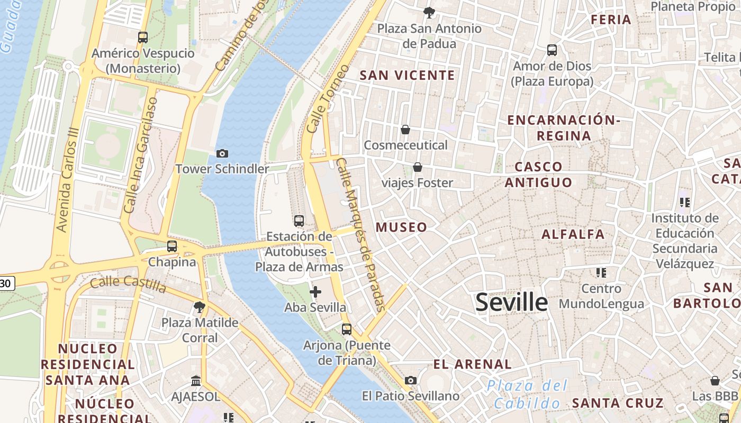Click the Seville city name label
click(x=511, y=302)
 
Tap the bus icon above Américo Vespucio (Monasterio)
click(x=143, y=38)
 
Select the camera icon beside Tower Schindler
click(x=222, y=153)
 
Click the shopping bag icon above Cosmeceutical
click(x=405, y=130)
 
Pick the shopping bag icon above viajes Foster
click(x=418, y=168)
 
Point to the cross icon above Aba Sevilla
click(x=315, y=291)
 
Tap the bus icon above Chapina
click(x=172, y=246)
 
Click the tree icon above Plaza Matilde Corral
click(x=200, y=307)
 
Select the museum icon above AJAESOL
click(x=196, y=381)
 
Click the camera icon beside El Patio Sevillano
click(x=410, y=380)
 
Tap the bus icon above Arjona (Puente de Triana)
click(x=347, y=329)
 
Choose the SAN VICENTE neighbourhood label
click(x=407, y=75)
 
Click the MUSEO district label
click(x=401, y=227)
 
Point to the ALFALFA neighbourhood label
click(x=573, y=234)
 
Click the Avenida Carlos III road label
click(x=69, y=180)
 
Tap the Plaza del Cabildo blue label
click(x=527, y=394)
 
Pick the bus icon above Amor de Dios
click(x=552, y=51)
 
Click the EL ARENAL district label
click(x=472, y=364)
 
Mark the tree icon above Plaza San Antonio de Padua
click(x=429, y=13)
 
